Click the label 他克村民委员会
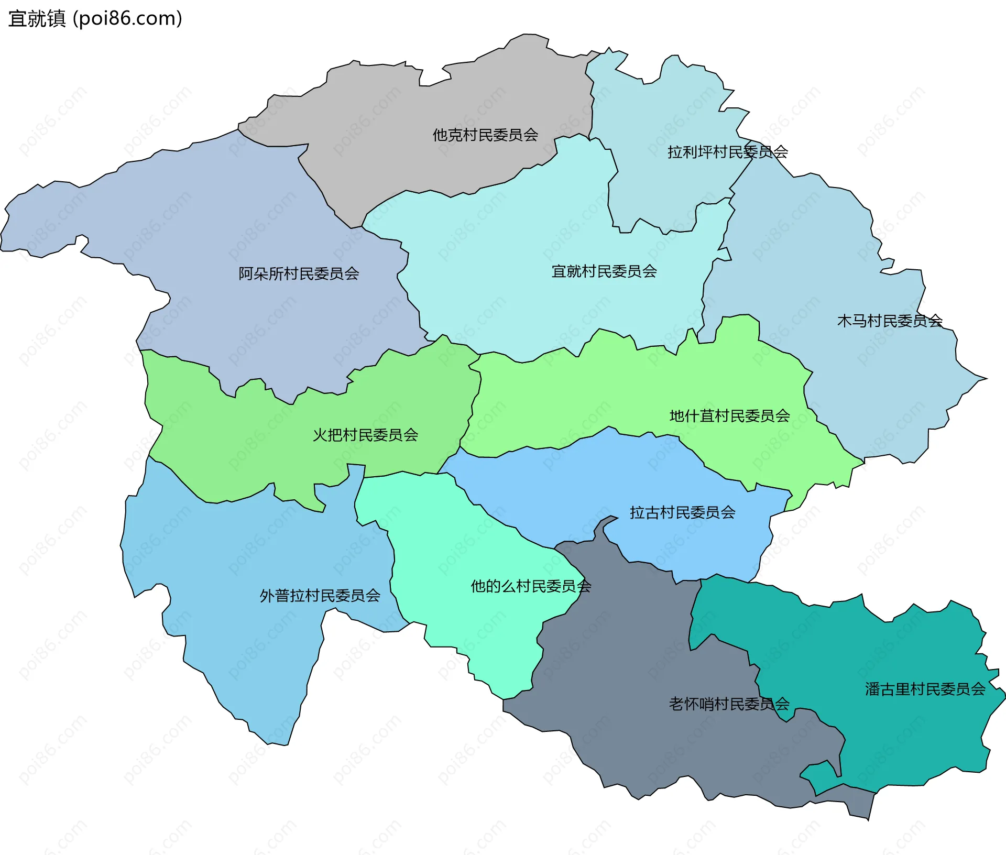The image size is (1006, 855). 485,135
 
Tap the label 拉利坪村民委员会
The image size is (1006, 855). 727,152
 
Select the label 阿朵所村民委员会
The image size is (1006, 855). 299,273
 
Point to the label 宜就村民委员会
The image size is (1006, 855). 604,271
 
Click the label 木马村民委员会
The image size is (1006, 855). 890,321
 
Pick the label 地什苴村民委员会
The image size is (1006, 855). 729,416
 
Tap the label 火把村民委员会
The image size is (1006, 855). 365,435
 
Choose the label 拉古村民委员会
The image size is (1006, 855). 682,512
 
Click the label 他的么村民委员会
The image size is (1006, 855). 531,586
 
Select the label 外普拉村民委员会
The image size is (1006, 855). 320,596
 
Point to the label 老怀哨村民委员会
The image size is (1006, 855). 729,704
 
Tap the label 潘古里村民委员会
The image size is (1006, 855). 925,689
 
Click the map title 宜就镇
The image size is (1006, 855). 37,19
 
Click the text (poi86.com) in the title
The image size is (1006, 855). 127,19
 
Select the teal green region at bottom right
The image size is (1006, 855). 891,733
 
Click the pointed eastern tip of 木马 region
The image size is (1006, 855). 985,378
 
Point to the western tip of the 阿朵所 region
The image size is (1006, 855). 3,246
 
